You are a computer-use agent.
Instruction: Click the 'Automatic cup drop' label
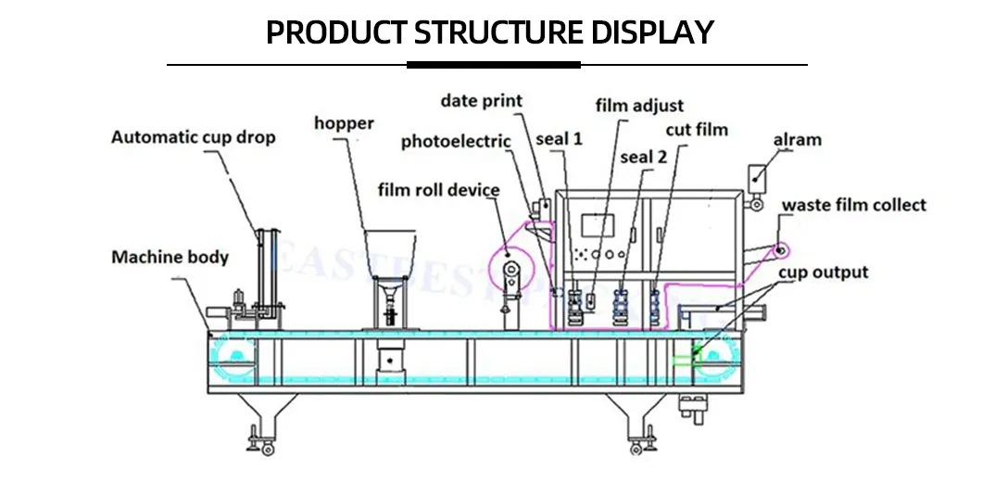click(x=193, y=137)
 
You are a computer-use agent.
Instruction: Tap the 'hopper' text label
click(x=344, y=123)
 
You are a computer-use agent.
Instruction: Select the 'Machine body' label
click(x=170, y=257)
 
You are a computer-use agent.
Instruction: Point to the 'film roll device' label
click(x=438, y=190)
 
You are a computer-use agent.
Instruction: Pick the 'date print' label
click(x=481, y=100)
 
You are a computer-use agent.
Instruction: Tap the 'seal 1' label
click(x=559, y=139)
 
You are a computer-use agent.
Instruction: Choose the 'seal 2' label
click(x=643, y=157)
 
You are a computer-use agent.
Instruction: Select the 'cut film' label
click(x=697, y=129)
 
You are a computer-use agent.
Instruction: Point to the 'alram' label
click(x=797, y=140)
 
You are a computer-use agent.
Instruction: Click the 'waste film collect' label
click(x=853, y=205)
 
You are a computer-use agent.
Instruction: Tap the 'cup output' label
click(x=823, y=273)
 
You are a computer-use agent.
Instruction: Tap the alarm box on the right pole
click(x=757, y=175)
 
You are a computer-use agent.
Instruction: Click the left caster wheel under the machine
click(x=268, y=450)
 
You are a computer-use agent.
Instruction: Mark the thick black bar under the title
click(x=493, y=65)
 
